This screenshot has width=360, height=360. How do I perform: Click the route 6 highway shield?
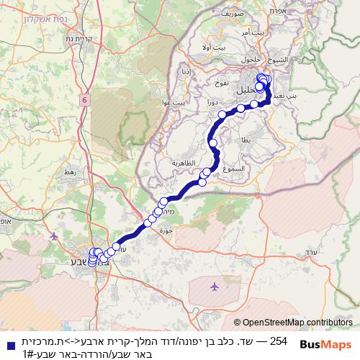click(x=85, y=100)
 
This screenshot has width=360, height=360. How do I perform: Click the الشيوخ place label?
click(x=276, y=59)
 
